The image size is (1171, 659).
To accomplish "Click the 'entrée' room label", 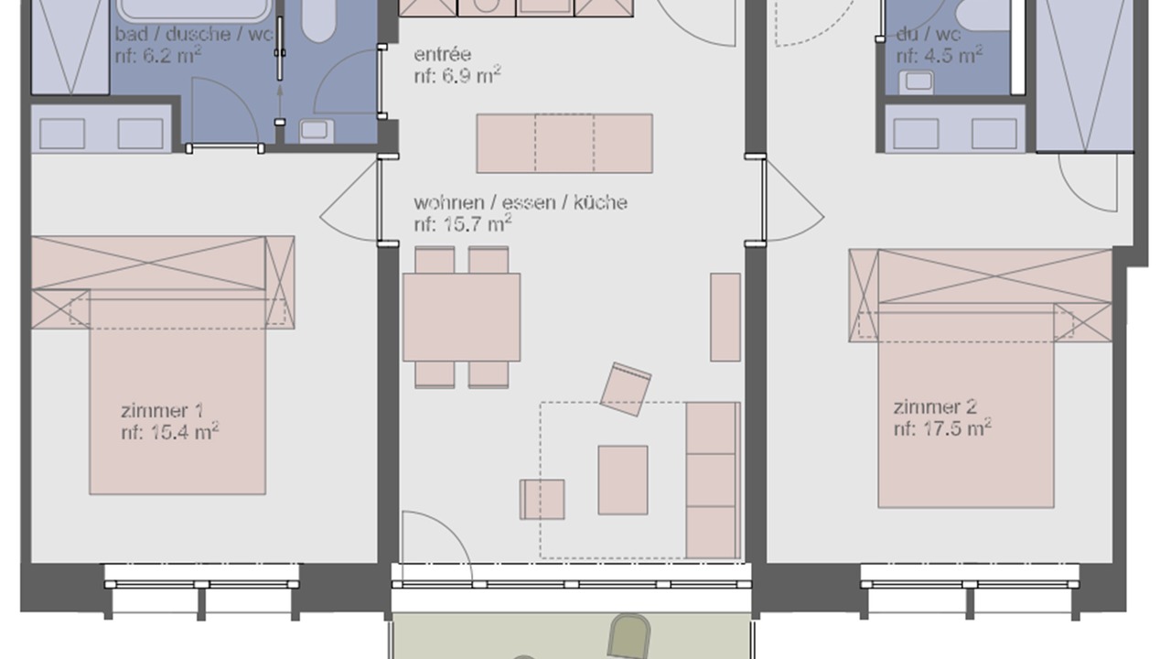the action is coord(442,54).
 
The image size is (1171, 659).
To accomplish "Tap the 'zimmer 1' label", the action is coord(162,411).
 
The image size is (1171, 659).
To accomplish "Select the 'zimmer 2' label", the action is coord(935,407).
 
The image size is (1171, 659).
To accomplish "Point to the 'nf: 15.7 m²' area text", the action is coord(463,224).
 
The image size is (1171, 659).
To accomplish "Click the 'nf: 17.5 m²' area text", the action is coord(942,428).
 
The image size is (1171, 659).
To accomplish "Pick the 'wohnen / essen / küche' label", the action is coord(521,202).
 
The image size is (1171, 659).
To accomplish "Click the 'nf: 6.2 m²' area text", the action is coord(158,55).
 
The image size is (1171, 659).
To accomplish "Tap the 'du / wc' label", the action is coord(929,35).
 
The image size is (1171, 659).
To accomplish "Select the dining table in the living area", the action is coord(462,317).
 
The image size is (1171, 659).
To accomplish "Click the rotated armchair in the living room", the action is coord(626,390).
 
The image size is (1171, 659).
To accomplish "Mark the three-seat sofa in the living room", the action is coord(714,481).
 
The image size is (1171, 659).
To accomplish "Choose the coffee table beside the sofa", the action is coord(623,481).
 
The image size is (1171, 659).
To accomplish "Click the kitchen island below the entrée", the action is coord(564,144).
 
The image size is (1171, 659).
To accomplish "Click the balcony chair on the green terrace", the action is coord(628,636).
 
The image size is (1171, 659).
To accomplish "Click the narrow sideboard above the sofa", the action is coord(725,317).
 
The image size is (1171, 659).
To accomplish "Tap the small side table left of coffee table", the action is coord(543,500).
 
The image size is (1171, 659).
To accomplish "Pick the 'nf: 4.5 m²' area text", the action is coord(940,55).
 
